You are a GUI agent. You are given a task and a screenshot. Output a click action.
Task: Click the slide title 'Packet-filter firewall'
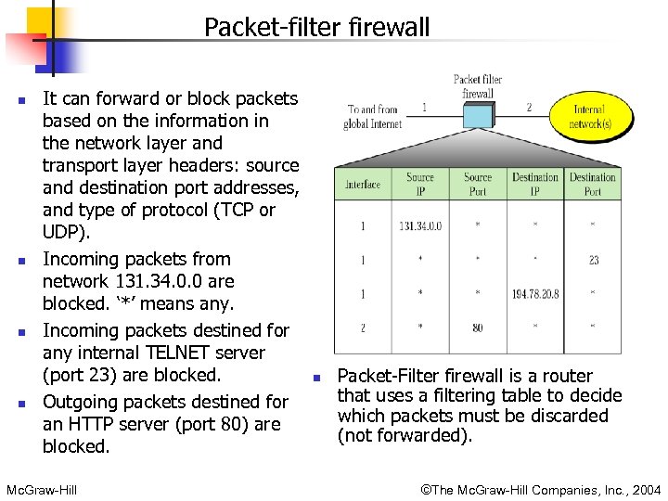click(x=316, y=27)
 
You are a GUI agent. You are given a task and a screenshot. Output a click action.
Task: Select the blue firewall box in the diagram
click(x=477, y=114)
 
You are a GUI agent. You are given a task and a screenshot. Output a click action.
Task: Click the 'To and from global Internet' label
click(x=373, y=116)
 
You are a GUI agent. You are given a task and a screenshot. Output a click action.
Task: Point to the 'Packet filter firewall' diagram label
click(x=478, y=86)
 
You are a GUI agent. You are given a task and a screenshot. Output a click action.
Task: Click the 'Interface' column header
click(x=363, y=184)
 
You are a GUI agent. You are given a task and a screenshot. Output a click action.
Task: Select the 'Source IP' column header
click(x=420, y=184)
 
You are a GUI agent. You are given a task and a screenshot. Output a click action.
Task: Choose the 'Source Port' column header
click(x=478, y=184)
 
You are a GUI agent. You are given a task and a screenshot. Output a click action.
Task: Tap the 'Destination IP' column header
click(x=535, y=184)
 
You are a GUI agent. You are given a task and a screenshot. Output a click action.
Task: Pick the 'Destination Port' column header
click(x=593, y=184)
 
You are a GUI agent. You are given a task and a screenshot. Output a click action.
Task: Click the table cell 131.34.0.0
click(x=420, y=225)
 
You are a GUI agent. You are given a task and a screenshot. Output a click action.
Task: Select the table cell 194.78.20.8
click(x=535, y=294)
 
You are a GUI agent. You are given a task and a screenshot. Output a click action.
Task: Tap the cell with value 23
click(x=594, y=260)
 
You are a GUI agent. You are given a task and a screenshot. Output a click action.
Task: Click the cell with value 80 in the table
click(x=478, y=327)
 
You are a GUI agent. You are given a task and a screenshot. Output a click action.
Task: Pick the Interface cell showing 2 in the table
click(x=363, y=327)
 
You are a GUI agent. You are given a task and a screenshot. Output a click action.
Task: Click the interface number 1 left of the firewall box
click(x=424, y=107)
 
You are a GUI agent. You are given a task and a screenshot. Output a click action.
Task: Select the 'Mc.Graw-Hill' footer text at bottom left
click(x=41, y=489)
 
